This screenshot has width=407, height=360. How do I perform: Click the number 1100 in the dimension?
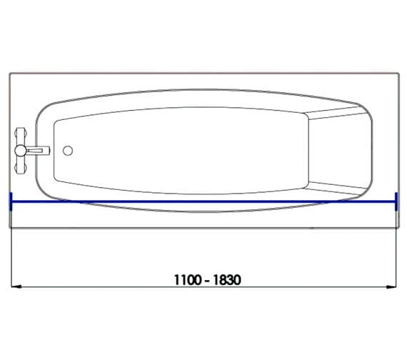pyautogui.click(x=188, y=280)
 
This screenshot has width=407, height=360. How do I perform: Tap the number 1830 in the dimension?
pyautogui.click(x=227, y=280)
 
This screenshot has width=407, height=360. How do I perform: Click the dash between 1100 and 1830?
pyautogui.click(x=207, y=281)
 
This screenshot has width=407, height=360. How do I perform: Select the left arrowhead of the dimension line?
pyautogui.click(x=16, y=286)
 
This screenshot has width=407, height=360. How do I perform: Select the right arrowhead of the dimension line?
pyautogui.click(x=391, y=286)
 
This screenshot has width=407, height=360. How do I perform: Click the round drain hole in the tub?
pyautogui.click(x=68, y=151)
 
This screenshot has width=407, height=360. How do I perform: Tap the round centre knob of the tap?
pyautogui.click(x=20, y=151)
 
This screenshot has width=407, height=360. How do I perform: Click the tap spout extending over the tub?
pyautogui.click(x=38, y=151)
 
